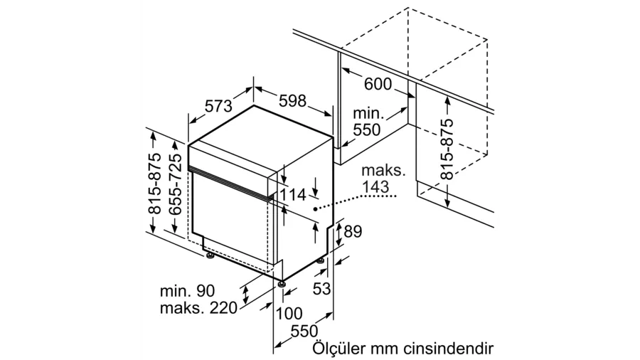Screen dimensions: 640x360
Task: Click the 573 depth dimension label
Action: [x=218, y=106]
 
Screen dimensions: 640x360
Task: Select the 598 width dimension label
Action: [x=292, y=100]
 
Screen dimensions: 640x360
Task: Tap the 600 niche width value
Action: [x=378, y=84]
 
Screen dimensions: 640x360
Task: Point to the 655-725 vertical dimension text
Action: [x=176, y=184]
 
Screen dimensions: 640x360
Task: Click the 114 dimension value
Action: [x=293, y=195]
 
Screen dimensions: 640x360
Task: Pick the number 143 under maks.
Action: [x=375, y=186]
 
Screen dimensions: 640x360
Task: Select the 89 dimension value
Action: [x=353, y=231]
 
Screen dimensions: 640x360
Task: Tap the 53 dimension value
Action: [x=321, y=289]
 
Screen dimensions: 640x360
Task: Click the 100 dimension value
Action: [x=289, y=314]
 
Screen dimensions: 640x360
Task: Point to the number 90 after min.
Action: [x=206, y=291]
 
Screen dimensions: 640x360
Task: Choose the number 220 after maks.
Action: [x=223, y=308]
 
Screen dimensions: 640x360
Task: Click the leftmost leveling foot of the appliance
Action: [x=210, y=256]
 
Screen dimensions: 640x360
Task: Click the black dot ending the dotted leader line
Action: [x=315, y=209]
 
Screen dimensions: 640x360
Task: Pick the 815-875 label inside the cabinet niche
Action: [x=448, y=149]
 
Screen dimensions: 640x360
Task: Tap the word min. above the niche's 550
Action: [x=368, y=113]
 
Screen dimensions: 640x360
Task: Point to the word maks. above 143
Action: [x=383, y=170]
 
